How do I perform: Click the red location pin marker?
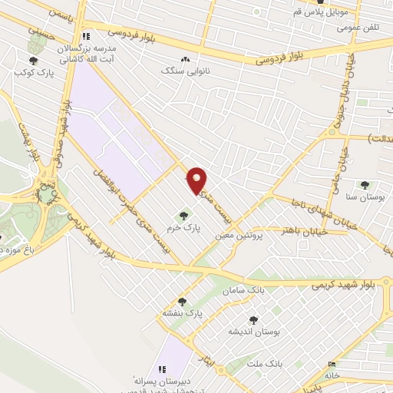tap(197, 180)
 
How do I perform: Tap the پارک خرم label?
tap(181, 230)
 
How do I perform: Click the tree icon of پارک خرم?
tap(183, 216)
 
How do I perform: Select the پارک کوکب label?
tap(31, 73)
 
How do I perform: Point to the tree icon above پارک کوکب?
tap(33, 61)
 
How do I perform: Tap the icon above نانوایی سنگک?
tap(184, 59)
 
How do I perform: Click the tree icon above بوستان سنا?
tap(365, 185)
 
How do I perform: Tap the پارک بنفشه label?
tap(182, 314)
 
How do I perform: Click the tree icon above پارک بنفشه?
tap(182, 302)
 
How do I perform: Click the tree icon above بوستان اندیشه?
tap(253, 319)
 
